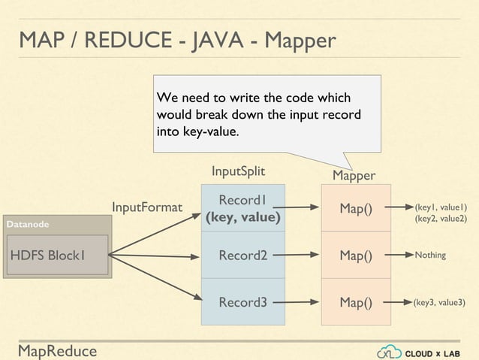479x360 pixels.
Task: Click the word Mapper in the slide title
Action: [x=294, y=40]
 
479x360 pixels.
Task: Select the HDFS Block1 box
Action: [x=57, y=256]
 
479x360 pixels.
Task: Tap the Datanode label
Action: [x=28, y=224]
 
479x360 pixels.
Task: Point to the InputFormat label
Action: [x=147, y=207]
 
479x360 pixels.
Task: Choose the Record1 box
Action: [x=243, y=208]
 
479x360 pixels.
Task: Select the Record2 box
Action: [x=243, y=256]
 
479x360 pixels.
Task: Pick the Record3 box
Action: [x=243, y=303]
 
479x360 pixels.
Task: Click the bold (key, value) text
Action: [x=243, y=218]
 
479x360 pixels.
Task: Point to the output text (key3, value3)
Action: [x=440, y=303]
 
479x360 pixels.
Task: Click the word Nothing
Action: [x=430, y=256]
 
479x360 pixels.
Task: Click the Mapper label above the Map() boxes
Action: [x=354, y=176]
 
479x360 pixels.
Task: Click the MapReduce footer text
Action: [x=58, y=350]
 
